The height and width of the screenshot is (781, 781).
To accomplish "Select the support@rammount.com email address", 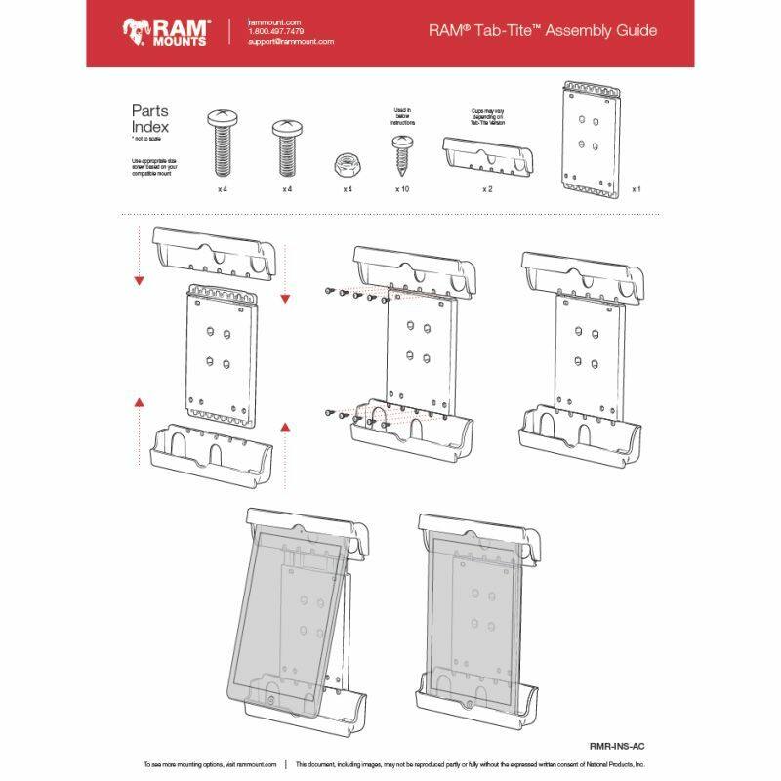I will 291,42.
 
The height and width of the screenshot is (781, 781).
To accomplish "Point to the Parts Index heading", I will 150,119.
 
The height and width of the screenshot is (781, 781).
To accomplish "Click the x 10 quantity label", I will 401,188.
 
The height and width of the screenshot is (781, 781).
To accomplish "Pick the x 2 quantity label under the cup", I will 486,188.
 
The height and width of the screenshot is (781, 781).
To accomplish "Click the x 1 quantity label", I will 636,188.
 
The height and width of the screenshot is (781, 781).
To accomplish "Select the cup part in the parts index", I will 486,155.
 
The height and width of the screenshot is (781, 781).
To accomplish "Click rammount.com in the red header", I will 273,21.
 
